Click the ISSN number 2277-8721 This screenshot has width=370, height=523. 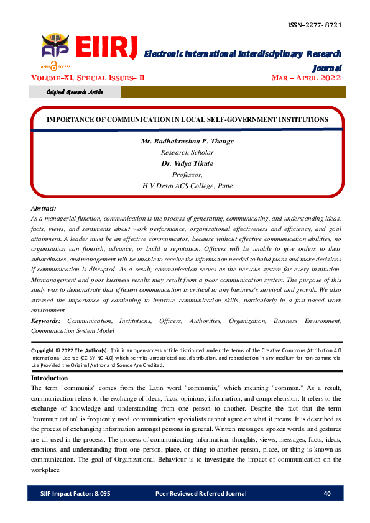coord(315,25)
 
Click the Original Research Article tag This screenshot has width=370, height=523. coord(75,92)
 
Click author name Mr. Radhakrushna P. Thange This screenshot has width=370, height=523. coord(187,142)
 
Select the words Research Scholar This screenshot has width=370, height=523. coord(187,152)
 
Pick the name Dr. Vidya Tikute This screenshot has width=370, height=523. coord(187,163)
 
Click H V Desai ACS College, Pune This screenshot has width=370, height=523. coord(187,186)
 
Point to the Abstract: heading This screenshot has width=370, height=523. coord(44,209)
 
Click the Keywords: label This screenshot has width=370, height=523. coord(47,321)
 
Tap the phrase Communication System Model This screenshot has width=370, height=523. coord(72,331)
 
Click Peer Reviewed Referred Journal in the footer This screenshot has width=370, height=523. coord(200,494)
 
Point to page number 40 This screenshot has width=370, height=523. coord(327,494)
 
